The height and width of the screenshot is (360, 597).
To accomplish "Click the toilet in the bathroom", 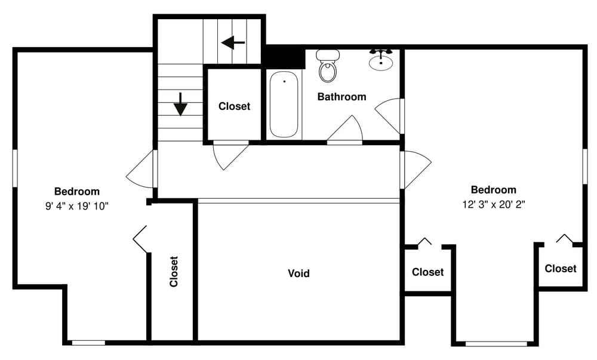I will pyautogui.click(x=327, y=67).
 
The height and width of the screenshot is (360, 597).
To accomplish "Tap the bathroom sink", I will pyautogui.click(x=380, y=60).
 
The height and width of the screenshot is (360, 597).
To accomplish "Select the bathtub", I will pyautogui.click(x=284, y=104).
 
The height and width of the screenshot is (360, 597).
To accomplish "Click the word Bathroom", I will pyautogui.click(x=341, y=97).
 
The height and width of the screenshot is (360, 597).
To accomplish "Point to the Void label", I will pyautogui.click(x=298, y=273).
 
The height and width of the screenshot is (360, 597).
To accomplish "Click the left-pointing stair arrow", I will pyautogui.click(x=233, y=42).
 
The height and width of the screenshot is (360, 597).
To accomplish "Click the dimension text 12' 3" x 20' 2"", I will pyautogui.click(x=493, y=204).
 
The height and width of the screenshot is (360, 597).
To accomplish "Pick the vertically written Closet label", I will pyautogui.click(x=174, y=272).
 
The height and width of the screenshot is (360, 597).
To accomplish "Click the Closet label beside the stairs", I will pyautogui.click(x=234, y=106).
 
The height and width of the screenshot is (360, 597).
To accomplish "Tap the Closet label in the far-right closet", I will pyautogui.click(x=561, y=269).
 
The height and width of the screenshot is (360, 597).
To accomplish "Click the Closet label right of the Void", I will pyautogui.click(x=427, y=272).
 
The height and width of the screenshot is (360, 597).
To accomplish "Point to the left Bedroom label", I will pyautogui.click(x=77, y=192).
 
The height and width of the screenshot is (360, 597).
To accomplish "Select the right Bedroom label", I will pyautogui.click(x=493, y=190).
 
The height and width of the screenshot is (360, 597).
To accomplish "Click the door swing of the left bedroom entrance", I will pyautogui.click(x=141, y=170).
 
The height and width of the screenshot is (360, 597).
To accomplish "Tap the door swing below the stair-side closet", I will pyautogui.click(x=229, y=154).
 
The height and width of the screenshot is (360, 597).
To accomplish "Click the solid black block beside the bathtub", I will pyautogui.click(x=284, y=57).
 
